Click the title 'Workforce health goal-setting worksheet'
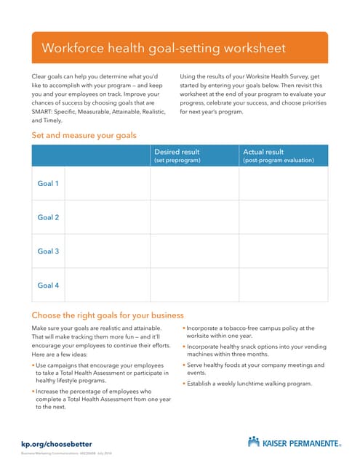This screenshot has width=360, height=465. click(164, 48)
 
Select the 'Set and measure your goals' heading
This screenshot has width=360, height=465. click(84, 135)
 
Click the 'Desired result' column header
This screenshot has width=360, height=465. click(177, 152)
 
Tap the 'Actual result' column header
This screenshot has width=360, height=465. click(263, 152)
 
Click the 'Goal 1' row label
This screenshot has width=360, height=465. click(48, 184)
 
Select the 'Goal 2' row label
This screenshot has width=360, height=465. click(48, 217)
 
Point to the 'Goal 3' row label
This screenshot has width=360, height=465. click(48, 251)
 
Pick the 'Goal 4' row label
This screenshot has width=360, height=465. click(48, 285)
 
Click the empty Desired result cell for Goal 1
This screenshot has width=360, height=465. click(194, 184)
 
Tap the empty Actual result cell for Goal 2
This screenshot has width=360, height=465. click(283, 217)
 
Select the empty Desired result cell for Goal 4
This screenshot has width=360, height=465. click(194, 285)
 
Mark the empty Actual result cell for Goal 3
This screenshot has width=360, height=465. click(283, 251)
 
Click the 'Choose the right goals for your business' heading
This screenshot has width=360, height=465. click(108, 315)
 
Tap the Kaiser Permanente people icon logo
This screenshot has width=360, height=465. click(253, 441)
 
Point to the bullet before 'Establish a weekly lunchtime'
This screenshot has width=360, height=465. click(184, 384)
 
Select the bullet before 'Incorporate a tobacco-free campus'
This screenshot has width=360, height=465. click(184, 328)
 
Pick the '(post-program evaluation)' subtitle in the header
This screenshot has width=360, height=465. click(279, 160)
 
